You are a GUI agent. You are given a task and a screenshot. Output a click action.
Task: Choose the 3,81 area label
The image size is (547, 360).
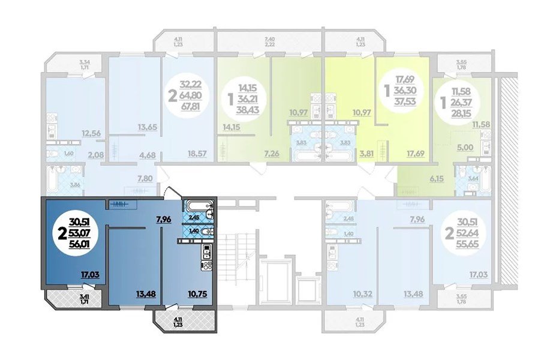coord(366,154)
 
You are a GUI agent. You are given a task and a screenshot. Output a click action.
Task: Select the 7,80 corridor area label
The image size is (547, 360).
coord(145,178)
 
